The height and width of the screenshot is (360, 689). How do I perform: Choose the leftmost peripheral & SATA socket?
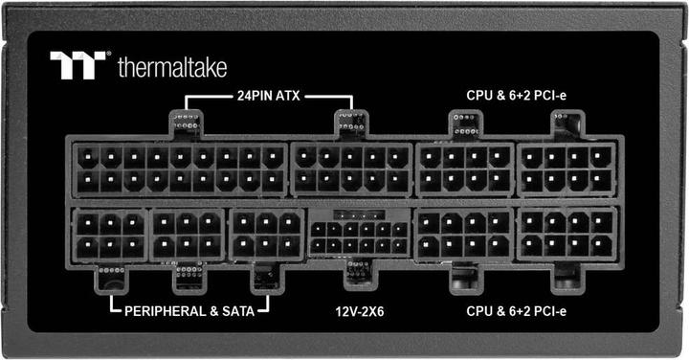tap(111, 235)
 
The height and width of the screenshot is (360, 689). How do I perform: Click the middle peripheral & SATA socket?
tap(189, 235)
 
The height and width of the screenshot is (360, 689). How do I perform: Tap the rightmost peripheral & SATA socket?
tap(267, 235)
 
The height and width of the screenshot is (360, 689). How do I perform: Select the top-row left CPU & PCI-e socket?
tap(464, 168)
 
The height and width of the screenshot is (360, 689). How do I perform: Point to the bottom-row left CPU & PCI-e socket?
tap(464, 235)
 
